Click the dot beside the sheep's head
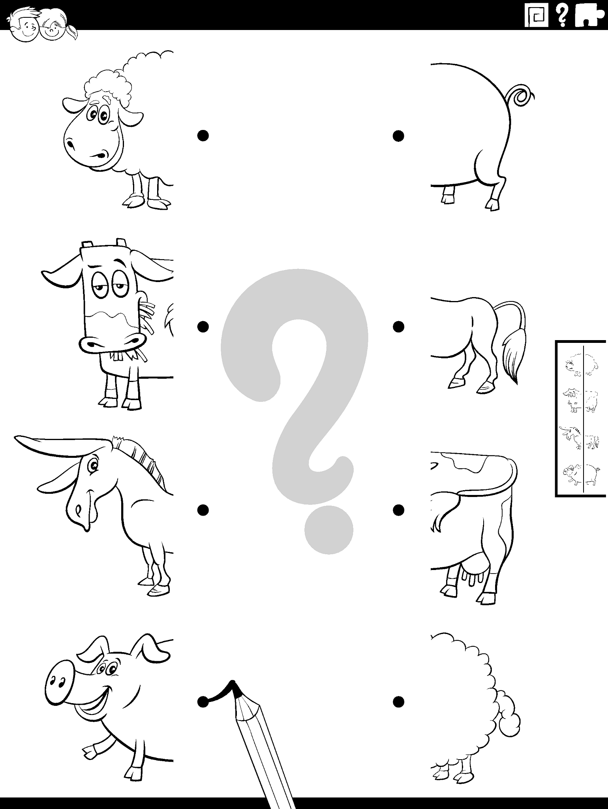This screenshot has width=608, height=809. tap(203, 136)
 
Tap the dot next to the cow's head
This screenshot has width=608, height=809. tap(203, 327)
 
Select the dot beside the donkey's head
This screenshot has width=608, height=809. tap(203, 510)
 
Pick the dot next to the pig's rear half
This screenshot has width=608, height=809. tap(398, 136)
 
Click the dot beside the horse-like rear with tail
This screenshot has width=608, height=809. tap(398, 327)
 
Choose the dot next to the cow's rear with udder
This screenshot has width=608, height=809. tap(398, 510)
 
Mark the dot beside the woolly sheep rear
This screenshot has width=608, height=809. tap(398, 702)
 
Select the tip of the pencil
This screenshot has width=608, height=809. tap(233, 683)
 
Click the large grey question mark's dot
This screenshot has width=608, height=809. tap(329, 529)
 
